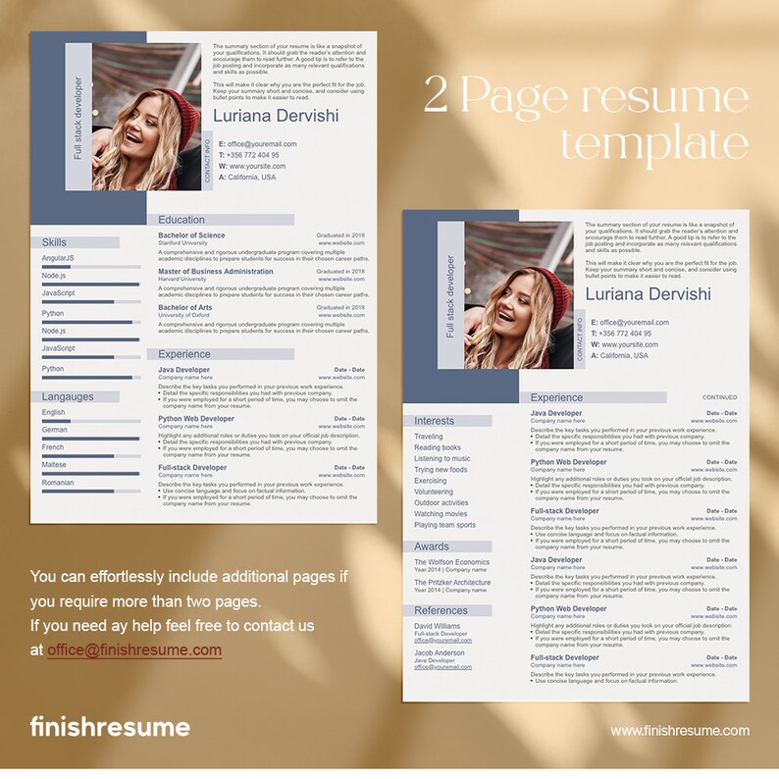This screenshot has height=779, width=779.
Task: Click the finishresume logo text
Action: [109, 728]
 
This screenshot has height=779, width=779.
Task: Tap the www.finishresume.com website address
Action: [679, 730]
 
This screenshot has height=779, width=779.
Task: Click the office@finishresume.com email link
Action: [133, 649]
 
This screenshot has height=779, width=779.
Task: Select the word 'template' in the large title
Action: [653, 144]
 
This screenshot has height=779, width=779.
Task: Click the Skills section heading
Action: [55, 242]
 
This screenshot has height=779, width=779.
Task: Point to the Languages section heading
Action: [69, 397]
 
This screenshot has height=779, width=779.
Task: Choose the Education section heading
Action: [182, 220]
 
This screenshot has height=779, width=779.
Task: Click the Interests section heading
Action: [435, 421]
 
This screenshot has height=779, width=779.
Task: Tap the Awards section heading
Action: [432, 546]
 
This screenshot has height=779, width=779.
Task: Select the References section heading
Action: [441, 610]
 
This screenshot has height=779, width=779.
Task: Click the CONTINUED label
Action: [719, 397]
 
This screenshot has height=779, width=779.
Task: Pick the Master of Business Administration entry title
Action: [216, 272]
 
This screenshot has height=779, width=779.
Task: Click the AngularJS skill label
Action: [59, 258]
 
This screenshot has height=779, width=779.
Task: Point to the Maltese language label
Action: [55, 465]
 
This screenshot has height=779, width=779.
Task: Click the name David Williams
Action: [437, 626]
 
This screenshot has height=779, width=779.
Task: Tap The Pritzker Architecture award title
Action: [452, 583]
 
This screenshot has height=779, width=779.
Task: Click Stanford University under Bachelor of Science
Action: [182, 243]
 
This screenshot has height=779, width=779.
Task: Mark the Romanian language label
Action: [58, 483]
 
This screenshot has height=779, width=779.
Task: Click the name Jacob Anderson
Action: [439, 652]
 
